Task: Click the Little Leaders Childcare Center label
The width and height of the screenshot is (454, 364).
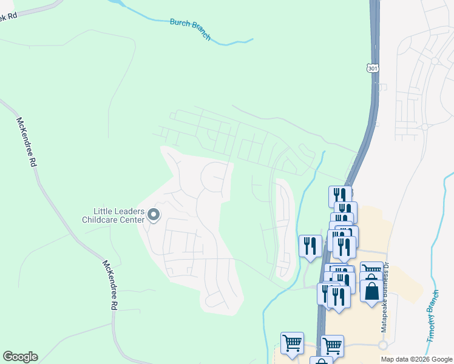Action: click(x=113, y=215)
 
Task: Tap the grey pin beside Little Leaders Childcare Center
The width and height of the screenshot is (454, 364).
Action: click(x=154, y=214)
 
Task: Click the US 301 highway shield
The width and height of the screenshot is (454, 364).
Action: click(x=373, y=69)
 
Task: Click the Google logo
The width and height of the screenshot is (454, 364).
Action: click(x=20, y=357)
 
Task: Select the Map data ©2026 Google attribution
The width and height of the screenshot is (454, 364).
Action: click(x=416, y=359)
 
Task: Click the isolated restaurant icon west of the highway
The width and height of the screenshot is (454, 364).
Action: click(x=310, y=246)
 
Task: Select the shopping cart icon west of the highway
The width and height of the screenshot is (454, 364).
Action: click(x=292, y=343)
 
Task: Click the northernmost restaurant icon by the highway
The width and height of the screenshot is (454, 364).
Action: click(x=340, y=196)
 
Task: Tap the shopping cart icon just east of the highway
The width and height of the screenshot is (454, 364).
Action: click(x=332, y=346)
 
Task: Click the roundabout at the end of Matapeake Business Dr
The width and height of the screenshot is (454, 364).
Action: click(x=382, y=345)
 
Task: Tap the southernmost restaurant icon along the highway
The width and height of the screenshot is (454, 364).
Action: click(x=337, y=297)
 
